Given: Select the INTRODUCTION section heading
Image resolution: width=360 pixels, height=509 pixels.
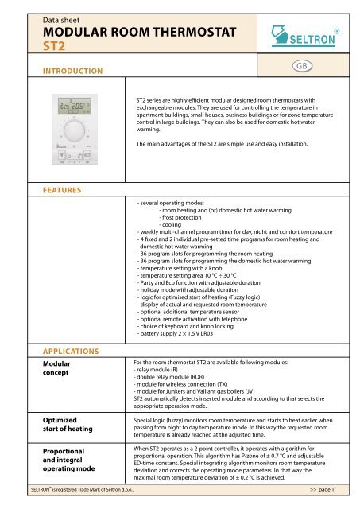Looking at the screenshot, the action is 69,72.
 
